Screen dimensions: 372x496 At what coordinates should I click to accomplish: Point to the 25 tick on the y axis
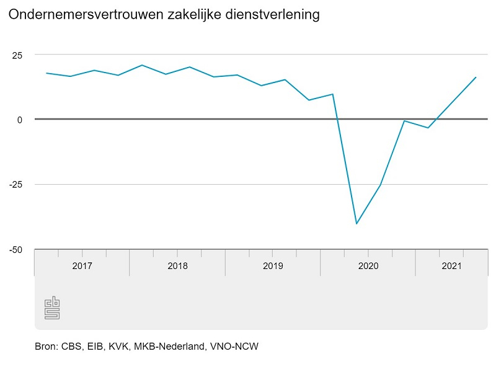pyautogui.click(x=17, y=55)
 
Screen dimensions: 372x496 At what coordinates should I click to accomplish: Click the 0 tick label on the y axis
pyautogui.click(x=20, y=120)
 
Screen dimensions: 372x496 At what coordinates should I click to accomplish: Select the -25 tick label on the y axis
pyautogui.click(x=15, y=185)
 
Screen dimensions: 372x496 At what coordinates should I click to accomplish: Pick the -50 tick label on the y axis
pyautogui.click(x=15, y=250)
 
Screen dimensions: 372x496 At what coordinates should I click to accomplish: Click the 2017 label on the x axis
pyautogui.click(x=82, y=266)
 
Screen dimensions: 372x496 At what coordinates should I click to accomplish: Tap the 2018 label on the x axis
pyautogui.click(x=177, y=266)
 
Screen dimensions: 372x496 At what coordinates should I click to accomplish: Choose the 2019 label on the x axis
pyautogui.click(x=273, y=266)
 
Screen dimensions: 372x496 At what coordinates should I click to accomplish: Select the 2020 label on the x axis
pyautogui.click(x=368, y=266)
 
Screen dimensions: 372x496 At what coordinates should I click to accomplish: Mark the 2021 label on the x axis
pyautogui.click(x=451, y=266)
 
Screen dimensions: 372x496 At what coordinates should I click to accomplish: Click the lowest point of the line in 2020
pyautogui.click(x=356, y=224)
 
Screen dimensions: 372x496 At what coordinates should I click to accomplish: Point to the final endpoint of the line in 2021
pyautogui.click(x=476, y=77)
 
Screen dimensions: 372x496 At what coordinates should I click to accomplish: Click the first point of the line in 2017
pyautogui.click(x=46, y=73)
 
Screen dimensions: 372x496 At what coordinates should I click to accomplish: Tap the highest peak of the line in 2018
pyautogui.click(x=142, y=65)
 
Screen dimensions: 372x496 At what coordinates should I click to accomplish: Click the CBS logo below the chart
pyautogui.click(x=52, y=308)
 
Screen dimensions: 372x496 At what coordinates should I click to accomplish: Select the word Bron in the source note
pyautogui.click(x=46, y=347)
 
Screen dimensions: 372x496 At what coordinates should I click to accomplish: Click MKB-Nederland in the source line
pyautogui.click(x=179, y=347)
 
